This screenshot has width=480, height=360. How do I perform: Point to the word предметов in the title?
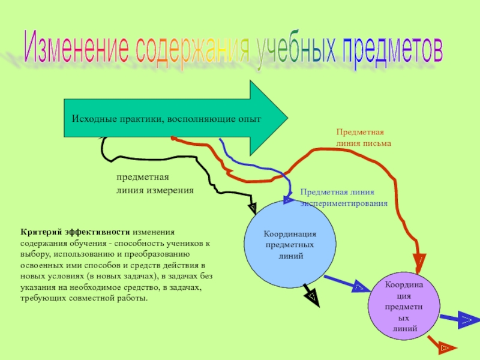coord(392,52)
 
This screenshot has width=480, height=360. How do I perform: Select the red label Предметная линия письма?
coord(363,137)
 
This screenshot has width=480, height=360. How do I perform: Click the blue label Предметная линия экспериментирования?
coord(344,198)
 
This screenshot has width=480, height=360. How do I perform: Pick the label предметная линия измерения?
coord(155,184)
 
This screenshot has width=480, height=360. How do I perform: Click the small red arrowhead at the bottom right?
coord(445,347)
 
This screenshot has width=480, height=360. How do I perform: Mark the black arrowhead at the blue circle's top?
coord(253,208)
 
